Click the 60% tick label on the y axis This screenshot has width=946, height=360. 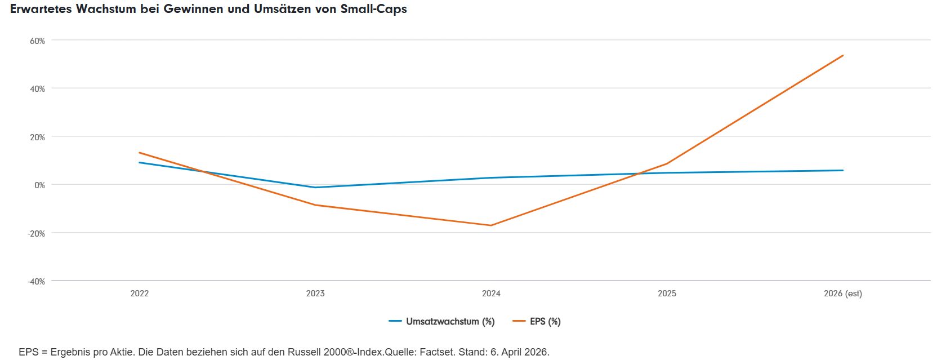(37, 41)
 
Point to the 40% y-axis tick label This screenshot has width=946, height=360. (37, 89)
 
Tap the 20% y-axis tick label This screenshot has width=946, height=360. (37, 137)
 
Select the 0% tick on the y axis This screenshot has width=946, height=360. (39, 185)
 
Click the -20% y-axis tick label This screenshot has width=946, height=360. (36, 234)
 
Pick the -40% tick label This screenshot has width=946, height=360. (36, 282)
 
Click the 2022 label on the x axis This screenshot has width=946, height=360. (140, 293)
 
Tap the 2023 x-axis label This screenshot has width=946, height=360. (315, 293)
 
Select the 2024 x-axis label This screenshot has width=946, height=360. (491, 293)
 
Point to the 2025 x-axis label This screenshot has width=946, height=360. (667, 293)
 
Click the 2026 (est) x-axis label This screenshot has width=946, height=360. (843, 293)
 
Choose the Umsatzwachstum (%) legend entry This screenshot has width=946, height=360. (441, 322)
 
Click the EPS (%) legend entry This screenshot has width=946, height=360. (537, 322)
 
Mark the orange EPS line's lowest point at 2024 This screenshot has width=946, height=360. (491, 225)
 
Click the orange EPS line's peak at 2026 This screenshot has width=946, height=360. (843, 55)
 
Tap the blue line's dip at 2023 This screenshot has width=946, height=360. (315, 187)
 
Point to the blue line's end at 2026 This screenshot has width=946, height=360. (843, 170)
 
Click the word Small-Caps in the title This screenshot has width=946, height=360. (373, 9)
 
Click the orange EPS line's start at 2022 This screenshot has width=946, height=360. (140, 153)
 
